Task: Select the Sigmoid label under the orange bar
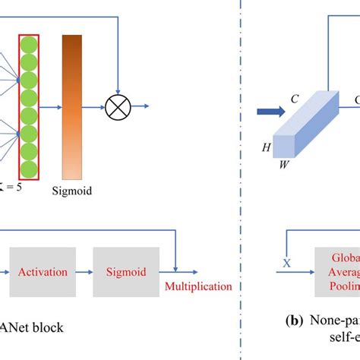[x=73, y=191]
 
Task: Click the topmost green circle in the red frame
[x=28, y=44]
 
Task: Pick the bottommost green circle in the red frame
[x=28, y=168]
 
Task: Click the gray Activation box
[x=43, y=272]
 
